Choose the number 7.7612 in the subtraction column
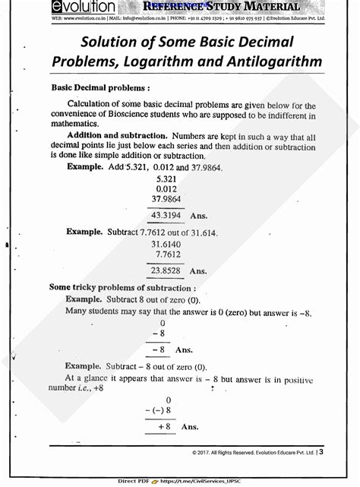[166, 255]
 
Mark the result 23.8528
[166, 270]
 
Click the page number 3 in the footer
[321, 452]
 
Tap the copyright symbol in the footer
[195, 453]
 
